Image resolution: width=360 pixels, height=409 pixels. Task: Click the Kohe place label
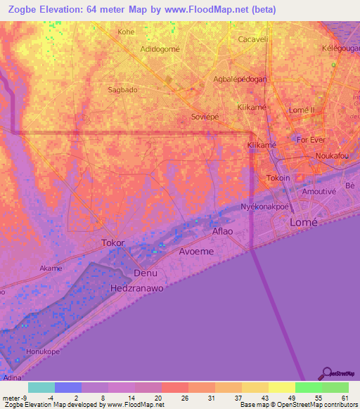coord(126,32)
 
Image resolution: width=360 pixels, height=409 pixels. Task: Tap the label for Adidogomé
coord(160,48)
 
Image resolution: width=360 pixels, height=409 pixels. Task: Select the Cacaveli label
coord(254,39)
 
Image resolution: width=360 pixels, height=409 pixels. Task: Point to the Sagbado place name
coord(122,90)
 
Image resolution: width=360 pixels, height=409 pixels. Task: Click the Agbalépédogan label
coord(240,79)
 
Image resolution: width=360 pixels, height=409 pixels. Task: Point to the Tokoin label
coord(278,178)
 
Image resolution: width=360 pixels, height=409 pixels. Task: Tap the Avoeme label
coord(196,250)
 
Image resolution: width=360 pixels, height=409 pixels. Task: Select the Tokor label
coord(112,242)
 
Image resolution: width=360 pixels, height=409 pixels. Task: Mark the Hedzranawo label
coord(136,288)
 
